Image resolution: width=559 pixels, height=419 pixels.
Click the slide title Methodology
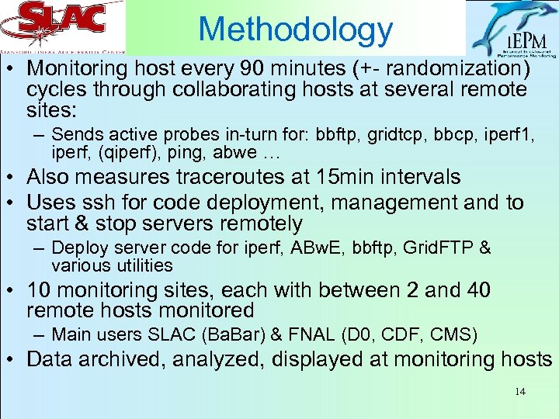(296, 29)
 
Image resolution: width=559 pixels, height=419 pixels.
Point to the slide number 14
(519, 391)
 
